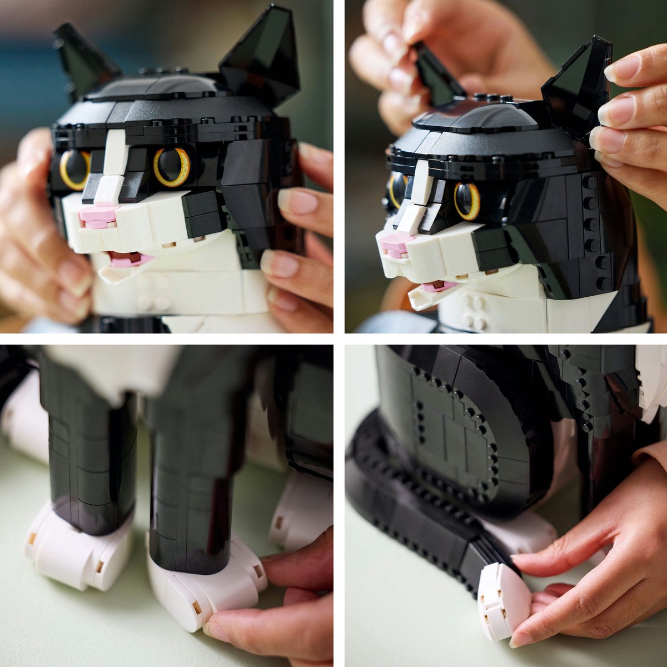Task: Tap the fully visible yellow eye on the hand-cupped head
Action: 172,167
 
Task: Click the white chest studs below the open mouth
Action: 474,311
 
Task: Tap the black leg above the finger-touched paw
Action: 186,489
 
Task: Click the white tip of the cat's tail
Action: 500,600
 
